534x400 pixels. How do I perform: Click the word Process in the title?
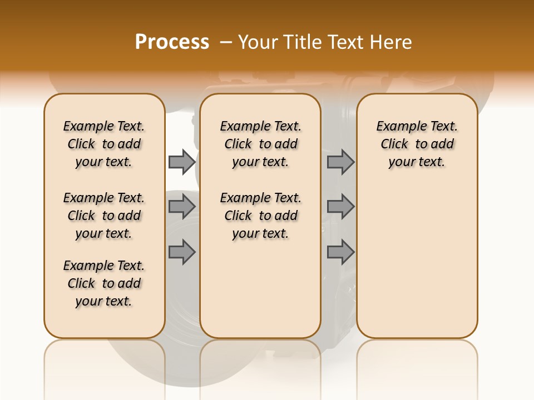pos(172,42)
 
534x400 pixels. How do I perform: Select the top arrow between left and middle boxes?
pos(182,162)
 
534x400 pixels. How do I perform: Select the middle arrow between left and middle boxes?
pos(182,207)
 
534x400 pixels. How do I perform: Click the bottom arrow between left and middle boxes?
pos(182,252)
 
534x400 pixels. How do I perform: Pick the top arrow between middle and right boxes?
pos(340,162)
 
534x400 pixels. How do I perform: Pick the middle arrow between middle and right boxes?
pos(340,207)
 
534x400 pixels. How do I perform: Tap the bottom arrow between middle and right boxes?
pos(340,252)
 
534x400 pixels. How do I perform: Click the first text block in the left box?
pos(104,144)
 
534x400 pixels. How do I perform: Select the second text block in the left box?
pos(104,216)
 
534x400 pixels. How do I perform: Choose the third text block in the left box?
pos(104,283)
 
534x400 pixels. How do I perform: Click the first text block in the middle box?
pos(260,144)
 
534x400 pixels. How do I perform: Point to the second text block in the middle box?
pos(260,216)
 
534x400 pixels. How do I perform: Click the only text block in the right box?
pos(417,144)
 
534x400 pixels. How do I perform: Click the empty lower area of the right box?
pos(417,256)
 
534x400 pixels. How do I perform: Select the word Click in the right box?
pos(394,144)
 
